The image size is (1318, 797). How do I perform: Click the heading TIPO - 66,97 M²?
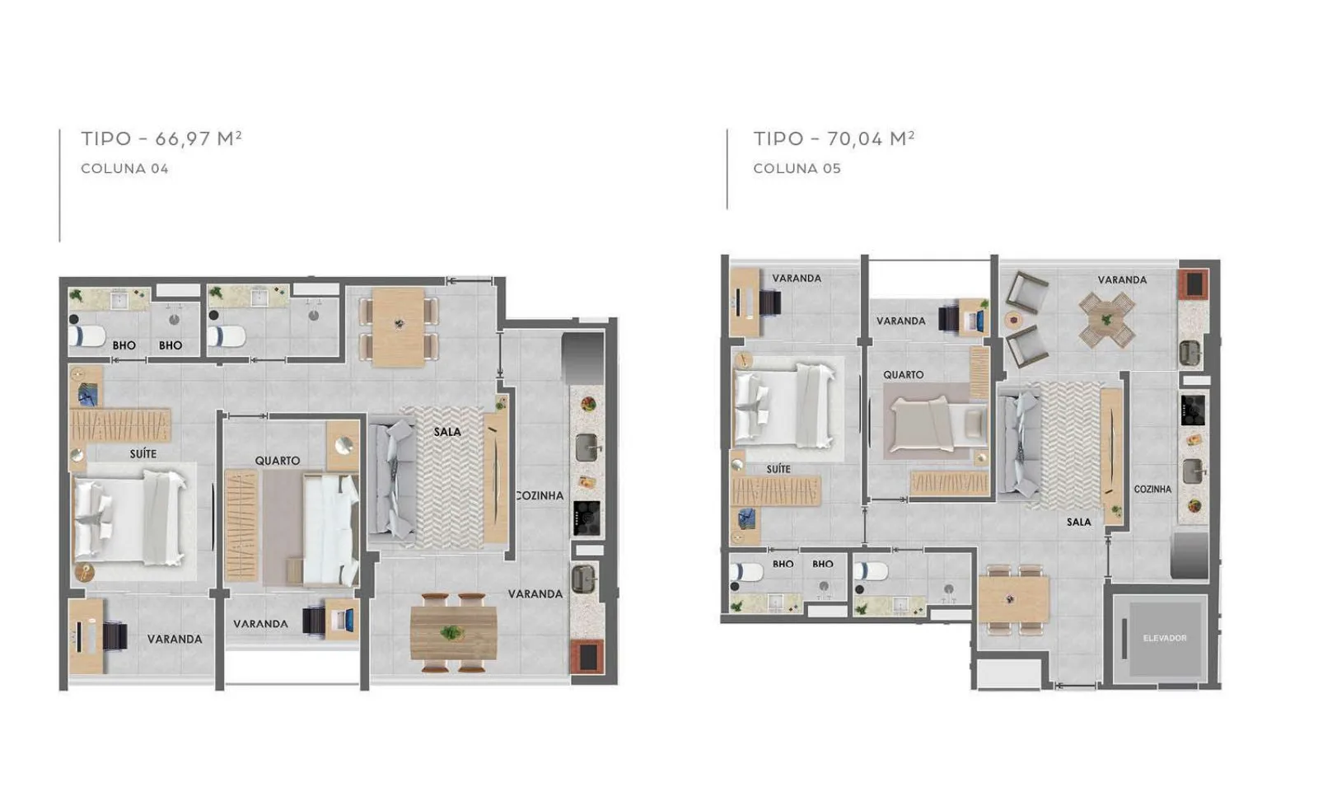161,138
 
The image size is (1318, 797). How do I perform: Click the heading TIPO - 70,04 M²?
834,138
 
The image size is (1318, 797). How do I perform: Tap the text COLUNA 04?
124,168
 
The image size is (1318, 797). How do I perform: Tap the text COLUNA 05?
797,168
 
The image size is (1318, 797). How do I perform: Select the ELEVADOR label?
1165,638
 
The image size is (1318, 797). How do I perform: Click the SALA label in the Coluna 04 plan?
447,431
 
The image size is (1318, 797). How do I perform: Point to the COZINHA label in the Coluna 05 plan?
1152,489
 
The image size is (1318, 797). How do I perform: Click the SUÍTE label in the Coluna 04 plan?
143,454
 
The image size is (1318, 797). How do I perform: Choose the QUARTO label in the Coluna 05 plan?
903,375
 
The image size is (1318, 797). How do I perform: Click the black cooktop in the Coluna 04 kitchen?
587,518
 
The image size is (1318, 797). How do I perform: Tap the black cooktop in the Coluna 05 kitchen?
1193,410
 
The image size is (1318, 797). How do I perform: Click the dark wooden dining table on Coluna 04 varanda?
454,633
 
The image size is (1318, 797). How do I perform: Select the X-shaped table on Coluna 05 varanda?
1107,321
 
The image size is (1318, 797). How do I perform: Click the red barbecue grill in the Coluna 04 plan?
587,656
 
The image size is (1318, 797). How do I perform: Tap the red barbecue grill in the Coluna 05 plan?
1194,284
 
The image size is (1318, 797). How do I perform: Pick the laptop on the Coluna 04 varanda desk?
342,619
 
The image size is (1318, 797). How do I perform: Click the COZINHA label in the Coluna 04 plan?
540,496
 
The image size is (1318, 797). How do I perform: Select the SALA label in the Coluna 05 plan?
1078,522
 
